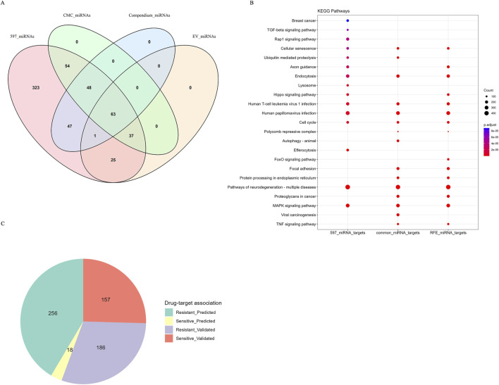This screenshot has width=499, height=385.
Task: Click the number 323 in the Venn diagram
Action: [x=37, y=88]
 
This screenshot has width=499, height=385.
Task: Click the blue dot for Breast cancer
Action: [x=347, y=20]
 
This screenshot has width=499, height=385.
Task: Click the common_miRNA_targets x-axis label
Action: [x=398, y=232]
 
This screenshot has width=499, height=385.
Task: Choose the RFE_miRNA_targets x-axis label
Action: [x=448, y=232]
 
